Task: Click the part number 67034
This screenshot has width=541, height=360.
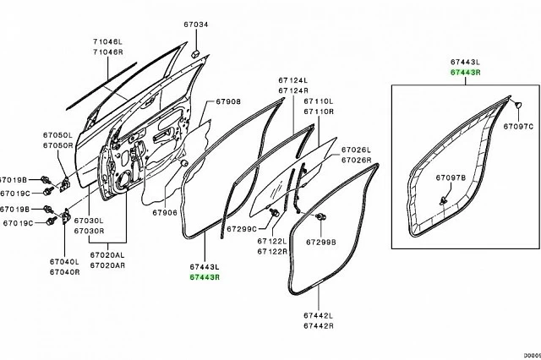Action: point(196,25)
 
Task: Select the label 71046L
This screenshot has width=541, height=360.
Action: point(107,41)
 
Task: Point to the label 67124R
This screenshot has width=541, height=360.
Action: point(293,90)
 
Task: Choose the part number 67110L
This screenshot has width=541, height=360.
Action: point(319,101)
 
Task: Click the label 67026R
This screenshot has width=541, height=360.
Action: point(356,160)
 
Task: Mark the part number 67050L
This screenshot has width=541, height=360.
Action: point(58,135)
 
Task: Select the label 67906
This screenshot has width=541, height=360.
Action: point(166,213)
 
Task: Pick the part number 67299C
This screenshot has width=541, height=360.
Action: point(242,228)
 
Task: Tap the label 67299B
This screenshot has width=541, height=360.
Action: point(321,241)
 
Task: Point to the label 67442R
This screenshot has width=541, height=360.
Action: point(319,325)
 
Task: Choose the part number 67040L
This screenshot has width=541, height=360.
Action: point(63,262)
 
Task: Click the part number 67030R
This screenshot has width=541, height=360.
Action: point(89,231)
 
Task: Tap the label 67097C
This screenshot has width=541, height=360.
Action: point(518,126)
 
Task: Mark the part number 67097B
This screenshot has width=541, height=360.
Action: point(451,179)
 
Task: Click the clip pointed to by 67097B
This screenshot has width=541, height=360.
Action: point(445,199)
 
